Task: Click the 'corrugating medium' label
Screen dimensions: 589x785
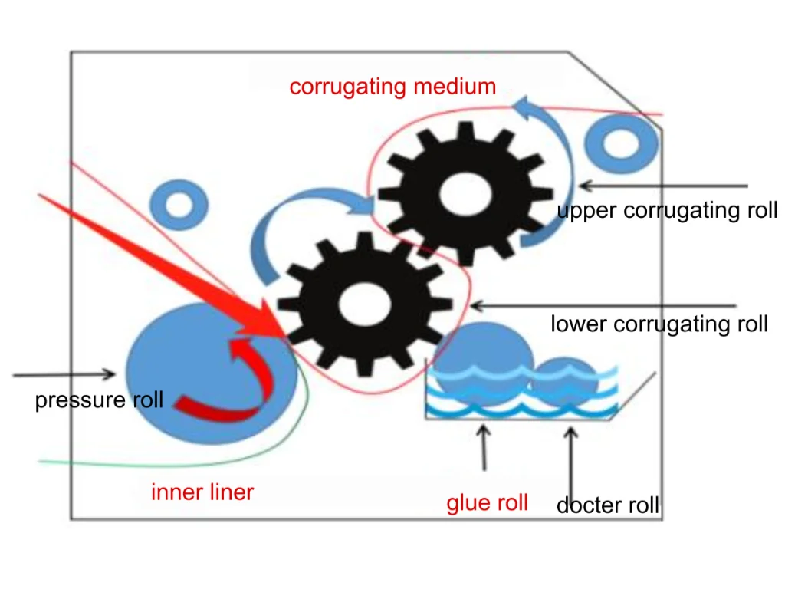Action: click(x=392, y=87)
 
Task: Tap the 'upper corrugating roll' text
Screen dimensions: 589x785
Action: click(x=667, y=210)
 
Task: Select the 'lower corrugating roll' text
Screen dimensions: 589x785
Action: click(x=659, y=324)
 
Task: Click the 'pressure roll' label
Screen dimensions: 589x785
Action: click(x=99, y=400)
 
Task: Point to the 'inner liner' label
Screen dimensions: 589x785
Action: click(x=202, y=492)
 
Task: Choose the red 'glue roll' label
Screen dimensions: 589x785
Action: click(x=488, y=503)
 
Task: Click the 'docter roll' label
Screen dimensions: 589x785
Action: click(x=607, y=505)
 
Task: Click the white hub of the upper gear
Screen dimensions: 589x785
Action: click(x=465, y=192)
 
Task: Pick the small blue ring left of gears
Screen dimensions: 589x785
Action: click(x=179, y=205)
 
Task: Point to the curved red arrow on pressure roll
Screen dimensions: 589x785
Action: click(x=230, y=391)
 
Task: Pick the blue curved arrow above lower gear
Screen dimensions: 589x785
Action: click(x=307, y=215)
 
